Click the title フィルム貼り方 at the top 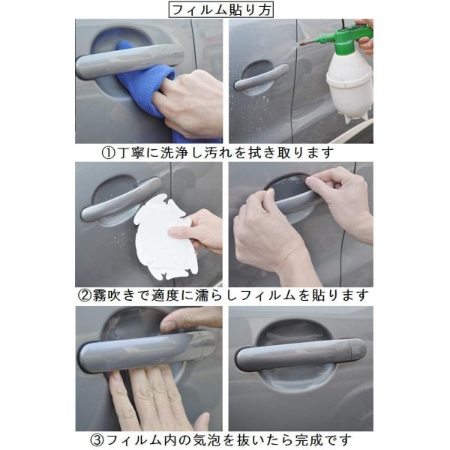coord(220,10)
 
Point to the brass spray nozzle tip coord(303,43)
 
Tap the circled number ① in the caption coord(108,154)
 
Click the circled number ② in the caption coord(84,295)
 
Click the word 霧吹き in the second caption coord(113,295)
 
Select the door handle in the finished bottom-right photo coord(301,355)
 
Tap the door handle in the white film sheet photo coord(121,199)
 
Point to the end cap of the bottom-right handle coord(358,349)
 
